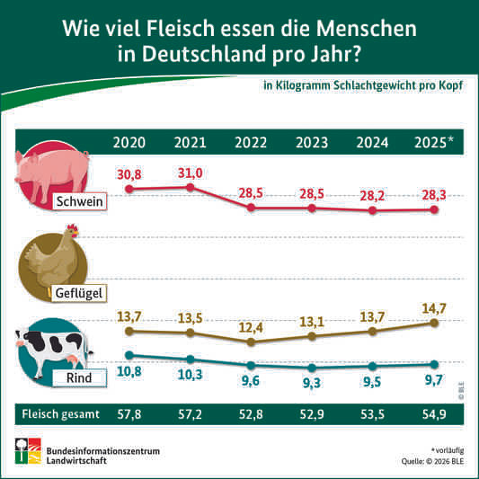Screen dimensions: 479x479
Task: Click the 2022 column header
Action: point(251,142)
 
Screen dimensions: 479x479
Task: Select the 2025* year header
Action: point(434,142)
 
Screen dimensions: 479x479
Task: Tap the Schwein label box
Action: point(79,201)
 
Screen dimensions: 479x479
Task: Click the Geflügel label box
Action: point(79,293)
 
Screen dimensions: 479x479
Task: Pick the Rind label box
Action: point(79,377)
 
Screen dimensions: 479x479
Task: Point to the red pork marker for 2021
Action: point(190,187)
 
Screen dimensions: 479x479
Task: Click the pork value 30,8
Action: point(129,174)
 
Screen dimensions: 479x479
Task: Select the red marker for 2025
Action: point(434,209)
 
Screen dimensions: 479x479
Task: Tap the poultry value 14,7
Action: point(434,308)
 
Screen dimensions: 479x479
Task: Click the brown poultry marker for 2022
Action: point(251,342)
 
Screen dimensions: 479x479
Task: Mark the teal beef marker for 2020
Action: point(129,355)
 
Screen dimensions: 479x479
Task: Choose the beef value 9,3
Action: point(312,383)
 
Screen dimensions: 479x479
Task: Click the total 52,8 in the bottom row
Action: point(251,414)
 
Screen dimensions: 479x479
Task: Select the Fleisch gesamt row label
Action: point(60,414)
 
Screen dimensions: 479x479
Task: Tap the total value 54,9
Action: point(434,414)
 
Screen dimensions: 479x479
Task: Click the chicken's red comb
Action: point(72,227)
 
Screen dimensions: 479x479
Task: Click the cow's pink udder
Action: point(72,359)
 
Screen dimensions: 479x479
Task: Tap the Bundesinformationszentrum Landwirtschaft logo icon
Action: point(28,451)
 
